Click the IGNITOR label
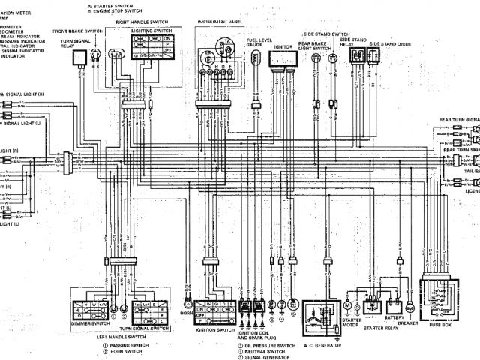(x=283, y=46)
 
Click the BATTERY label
(x=394, y=318)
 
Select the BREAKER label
(x=410, y=323)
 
